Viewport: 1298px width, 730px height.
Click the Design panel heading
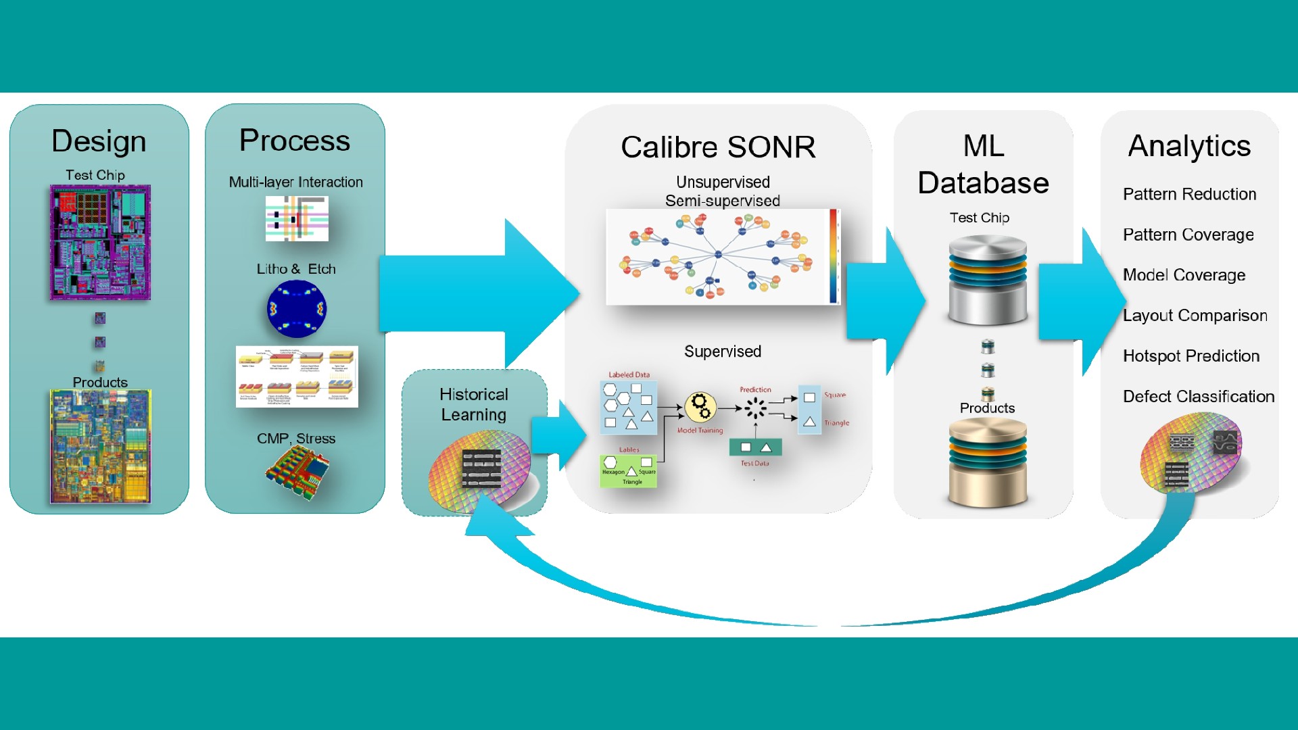pyautogui.click(x=99, y=141)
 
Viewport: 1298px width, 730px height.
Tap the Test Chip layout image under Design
pyautogui.click(x=100, y=243)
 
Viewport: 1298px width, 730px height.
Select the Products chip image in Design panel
pyautogui.click(x=100, y=447)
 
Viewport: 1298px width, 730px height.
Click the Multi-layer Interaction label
pyautogui.click(x=295, y=182)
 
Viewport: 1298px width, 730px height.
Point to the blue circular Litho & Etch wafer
pyautogui.click(x=297, y=310)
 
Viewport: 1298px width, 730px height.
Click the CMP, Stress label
pyautogui.click(x=296, y=439)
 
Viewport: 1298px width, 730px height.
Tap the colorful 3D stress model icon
pyautogui.click(x=297, y=471)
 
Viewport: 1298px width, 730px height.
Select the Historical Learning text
pyautogui.click(x=473, y=404)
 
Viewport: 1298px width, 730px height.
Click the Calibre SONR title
pyautogui.click(x=718, y=147)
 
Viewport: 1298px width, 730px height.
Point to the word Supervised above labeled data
pyautogui.click(x=722, y=351)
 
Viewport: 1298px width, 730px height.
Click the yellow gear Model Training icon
pyautogui.click(x=700, y=407)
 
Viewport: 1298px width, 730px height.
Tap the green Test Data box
pyautogui.click(x=755, y=447)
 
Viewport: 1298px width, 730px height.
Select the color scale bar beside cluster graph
pyautogui.click(x=834, y=256)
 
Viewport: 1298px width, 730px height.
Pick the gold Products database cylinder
pyautogui.click(x=987, y=463)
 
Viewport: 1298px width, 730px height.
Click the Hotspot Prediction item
pyautogui.click(x=1191, y=356)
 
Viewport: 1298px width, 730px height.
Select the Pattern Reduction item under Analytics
pyautogui.click(x=1189, y=195)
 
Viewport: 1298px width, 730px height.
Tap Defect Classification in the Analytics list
pyautogui.click(x=1198, y=397)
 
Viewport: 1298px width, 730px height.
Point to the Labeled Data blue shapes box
pyautogui.click(x=628, y=408)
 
